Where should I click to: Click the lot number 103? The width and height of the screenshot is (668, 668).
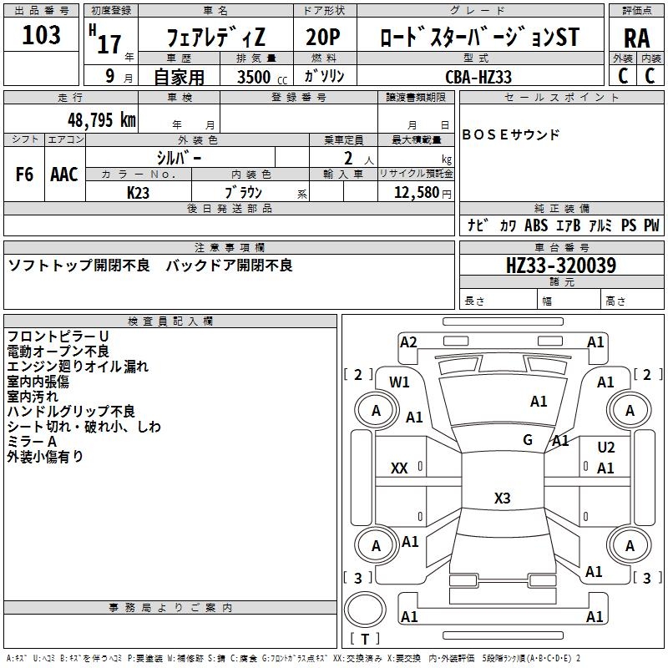41,35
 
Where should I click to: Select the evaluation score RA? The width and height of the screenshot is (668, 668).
636,38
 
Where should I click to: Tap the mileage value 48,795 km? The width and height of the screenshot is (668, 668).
101,119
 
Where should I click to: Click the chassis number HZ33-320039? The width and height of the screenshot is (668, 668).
561,266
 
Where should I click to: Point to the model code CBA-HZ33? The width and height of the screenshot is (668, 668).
478,77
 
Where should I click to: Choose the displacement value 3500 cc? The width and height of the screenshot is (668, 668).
261,77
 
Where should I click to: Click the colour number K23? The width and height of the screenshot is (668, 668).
138,191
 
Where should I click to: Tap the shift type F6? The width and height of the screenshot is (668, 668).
25,174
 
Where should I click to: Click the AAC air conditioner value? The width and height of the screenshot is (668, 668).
64,174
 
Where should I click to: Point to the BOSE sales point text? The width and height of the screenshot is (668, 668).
510,134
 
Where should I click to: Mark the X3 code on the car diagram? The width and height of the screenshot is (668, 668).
502,498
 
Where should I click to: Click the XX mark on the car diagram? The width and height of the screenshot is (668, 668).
399,468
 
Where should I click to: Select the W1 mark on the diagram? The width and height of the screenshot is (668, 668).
399,382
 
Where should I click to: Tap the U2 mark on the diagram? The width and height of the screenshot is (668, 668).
606,448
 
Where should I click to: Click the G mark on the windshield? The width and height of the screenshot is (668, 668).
528,440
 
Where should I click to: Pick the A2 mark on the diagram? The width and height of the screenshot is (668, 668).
408,342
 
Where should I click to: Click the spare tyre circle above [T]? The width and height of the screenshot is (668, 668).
364,610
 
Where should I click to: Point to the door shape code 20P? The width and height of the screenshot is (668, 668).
325,38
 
